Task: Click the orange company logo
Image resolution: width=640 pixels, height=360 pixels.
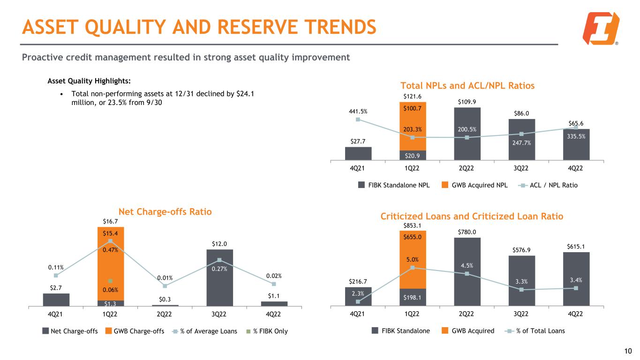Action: (601, 28)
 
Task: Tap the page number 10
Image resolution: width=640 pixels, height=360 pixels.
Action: (628, 351)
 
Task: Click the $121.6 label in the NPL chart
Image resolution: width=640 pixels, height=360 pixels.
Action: (412, 97)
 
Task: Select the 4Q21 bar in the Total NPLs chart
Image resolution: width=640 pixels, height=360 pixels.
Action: (358, 153)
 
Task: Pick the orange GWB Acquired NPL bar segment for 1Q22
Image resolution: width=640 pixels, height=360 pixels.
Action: (413, 126)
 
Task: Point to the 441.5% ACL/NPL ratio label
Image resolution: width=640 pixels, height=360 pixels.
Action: (358, 112)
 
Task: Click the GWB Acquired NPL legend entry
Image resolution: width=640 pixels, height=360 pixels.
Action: (474, 185)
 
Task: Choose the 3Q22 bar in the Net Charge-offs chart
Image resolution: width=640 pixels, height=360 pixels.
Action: (219, 277)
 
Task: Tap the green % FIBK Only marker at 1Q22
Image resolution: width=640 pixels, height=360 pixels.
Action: (110, 281)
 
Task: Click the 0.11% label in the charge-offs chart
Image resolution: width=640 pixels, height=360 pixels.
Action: (56, 268)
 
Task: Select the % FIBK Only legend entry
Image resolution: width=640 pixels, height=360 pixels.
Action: (267, 331)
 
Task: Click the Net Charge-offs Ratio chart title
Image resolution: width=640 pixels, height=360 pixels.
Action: (165, 212)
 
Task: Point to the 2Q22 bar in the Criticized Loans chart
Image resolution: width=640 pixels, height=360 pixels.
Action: (467, 272)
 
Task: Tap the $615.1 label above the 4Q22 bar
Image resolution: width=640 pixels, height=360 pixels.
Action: (576, 247)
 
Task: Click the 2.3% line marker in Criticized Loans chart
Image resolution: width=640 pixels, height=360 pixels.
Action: (358, 302)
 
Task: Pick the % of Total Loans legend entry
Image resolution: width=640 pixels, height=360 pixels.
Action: (535, 331)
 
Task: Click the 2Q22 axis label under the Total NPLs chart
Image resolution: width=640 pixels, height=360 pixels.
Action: (466, 168)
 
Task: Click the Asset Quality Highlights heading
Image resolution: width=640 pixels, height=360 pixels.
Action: (89, 81)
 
